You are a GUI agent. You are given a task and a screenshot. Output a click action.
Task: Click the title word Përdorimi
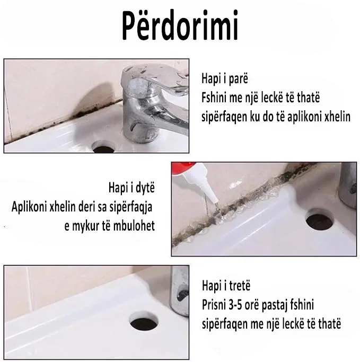180,26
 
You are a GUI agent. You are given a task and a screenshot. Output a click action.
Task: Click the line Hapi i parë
225,78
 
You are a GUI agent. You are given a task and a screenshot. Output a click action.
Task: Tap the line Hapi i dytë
131,188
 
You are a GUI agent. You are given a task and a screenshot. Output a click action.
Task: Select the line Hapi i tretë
226,286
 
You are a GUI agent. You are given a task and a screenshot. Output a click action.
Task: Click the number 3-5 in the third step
236,305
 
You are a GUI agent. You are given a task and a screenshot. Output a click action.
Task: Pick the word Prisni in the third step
214,305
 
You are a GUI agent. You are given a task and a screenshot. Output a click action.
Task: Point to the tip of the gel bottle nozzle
217,205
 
